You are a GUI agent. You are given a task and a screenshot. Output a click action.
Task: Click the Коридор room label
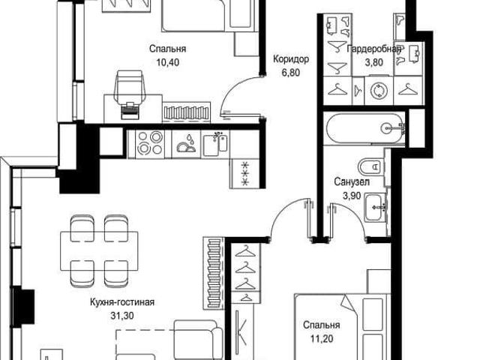[291, 59]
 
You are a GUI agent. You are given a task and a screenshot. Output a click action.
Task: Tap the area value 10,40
[168, 62]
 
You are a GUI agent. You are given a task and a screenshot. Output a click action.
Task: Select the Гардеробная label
[374, 49]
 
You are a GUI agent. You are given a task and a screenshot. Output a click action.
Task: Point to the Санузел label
[352, 181]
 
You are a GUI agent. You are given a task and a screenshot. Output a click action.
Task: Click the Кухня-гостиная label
[122, 302]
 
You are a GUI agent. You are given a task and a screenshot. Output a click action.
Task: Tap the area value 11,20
[322, 339]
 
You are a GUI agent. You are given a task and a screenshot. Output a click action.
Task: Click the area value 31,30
[122, 315]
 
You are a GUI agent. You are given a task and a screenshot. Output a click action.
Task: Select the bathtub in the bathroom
[365, 128]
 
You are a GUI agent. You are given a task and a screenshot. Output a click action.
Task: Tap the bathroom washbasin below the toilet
[375, 207]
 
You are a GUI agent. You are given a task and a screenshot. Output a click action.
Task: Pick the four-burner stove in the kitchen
[150, 144]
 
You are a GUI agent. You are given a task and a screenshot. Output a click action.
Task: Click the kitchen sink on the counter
[216, 144]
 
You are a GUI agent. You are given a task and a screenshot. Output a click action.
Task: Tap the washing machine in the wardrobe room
[379, 91]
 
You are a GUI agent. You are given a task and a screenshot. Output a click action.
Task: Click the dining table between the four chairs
[99, 251]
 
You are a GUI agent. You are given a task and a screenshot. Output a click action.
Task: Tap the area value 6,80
[291, 73]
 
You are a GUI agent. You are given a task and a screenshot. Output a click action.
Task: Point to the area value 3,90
[352, 195]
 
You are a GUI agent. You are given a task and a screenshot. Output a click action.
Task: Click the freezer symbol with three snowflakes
[246, 175]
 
